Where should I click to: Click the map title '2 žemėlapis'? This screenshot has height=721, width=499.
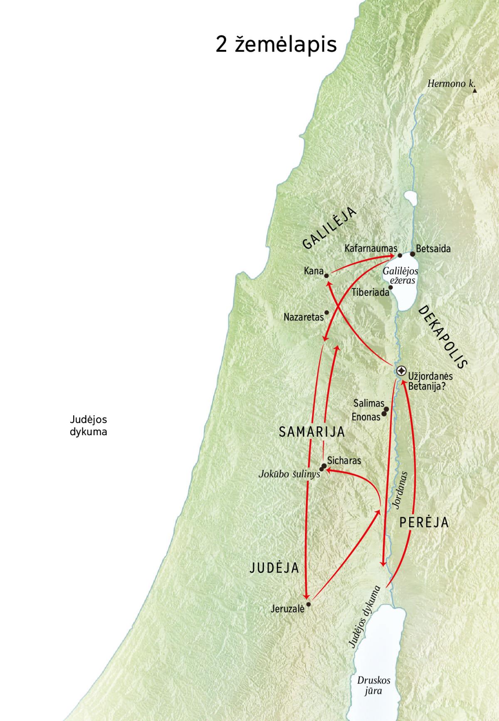[x=276, y=44]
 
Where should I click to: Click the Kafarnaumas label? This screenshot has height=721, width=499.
[x=371, y=249]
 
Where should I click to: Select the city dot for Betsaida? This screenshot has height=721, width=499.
[x=413, y=254]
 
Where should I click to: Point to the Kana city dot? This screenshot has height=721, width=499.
[x=326, y=275]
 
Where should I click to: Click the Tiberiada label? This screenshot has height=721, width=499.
[x=370, y=292]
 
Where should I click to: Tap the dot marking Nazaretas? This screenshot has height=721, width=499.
[x=326, y=312]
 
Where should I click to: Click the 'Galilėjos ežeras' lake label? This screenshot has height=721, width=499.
[x=400, y=275]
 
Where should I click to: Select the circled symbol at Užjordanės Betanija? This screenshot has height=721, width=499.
[x=401, y=371]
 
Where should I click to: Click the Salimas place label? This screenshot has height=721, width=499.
[x=368, y=403]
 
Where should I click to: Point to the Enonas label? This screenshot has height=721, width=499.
[x=366, y=416]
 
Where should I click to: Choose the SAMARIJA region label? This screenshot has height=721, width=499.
[x=312, y=432]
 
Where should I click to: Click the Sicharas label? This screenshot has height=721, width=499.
[x=344, y=461]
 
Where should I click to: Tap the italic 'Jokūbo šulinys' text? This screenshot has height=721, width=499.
[x=289, y=474]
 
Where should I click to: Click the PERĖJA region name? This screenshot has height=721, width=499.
[x=424, y=523]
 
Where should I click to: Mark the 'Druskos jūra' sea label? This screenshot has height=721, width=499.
[x=373, y=686]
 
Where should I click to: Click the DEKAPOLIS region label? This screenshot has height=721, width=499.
[x=442, y=337]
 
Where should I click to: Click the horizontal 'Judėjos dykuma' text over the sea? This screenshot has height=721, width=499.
[x=88, y=426]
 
